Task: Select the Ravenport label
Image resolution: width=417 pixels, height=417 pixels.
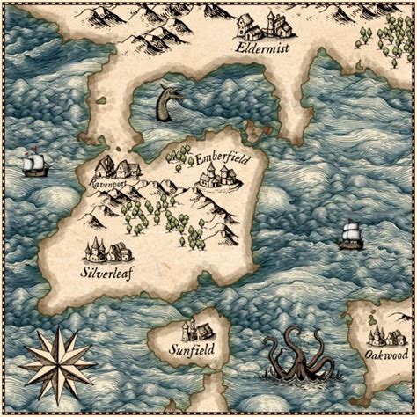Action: [x=108, y=186]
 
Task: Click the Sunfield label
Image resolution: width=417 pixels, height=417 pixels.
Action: [x=191, y=349]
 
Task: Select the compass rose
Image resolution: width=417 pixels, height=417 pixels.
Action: [x=58, y=363]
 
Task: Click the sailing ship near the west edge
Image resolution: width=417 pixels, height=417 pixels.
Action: [x=35, y=164]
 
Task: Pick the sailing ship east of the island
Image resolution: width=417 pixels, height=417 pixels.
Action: [x=350, y=234]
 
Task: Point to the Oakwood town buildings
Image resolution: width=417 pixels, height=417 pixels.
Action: [x=385, y=335]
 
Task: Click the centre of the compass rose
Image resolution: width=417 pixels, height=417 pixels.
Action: [x=58, y=363]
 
